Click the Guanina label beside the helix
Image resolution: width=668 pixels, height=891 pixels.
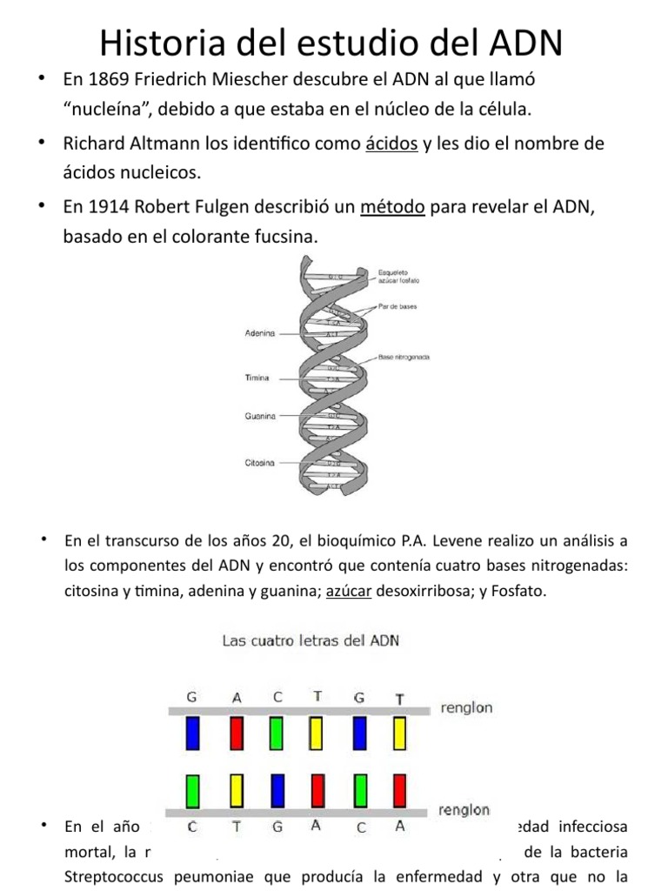coord(259,416)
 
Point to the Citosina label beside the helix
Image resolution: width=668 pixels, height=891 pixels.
coord(259,463)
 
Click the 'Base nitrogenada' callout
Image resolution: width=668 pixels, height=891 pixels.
coord(405,358)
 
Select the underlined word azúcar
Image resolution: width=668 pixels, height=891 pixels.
coord(349,591)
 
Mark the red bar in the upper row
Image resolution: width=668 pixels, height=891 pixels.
coord(235,733)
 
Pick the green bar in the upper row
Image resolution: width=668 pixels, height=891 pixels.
coord(276,733)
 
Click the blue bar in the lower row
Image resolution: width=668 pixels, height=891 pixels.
coord(277,790)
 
